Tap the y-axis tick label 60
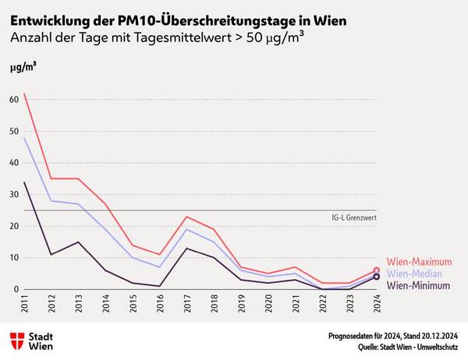pos(14,100)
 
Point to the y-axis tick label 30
pos(14,195)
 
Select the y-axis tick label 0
pos(16,289)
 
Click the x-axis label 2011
pos(25,305)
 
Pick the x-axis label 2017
pos(187,305)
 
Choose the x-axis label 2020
pos(268,305)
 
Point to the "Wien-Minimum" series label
pos(418,286)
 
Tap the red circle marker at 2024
pos(377,270)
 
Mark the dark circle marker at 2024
pos(377,277)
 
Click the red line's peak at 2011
pos(25,94)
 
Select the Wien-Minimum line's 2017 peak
pos(187,248)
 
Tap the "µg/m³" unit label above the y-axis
pos(23,68)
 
